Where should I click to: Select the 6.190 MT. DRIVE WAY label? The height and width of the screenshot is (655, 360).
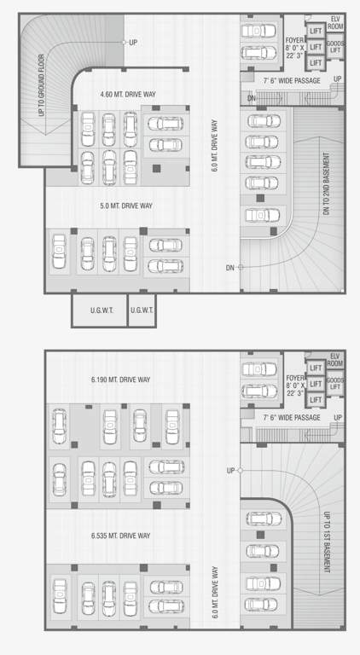coord(120,379)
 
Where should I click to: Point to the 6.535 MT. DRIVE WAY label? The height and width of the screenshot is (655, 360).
coord(120,536)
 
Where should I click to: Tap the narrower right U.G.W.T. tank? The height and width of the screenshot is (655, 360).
coord(142,310)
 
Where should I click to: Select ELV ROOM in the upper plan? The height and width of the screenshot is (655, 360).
coord(335,23)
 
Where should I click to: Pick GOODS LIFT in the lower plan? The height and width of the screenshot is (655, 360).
coord(335,384)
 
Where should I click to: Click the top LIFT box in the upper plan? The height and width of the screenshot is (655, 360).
coord(315,31)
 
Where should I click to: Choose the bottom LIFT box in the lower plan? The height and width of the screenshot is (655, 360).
coord(315,399)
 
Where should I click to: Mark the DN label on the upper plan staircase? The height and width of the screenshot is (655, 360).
coord(252,99)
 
